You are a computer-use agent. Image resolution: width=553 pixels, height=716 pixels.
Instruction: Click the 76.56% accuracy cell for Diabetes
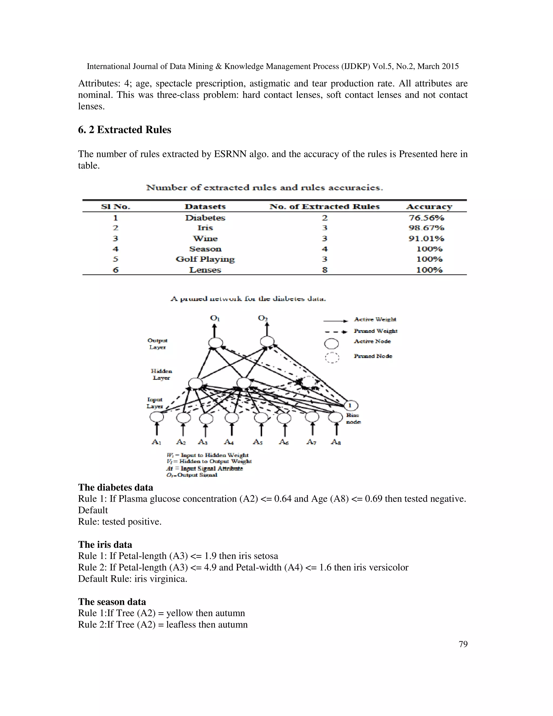pos(426,218)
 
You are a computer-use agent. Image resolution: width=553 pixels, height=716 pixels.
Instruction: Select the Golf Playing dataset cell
pos(205,259)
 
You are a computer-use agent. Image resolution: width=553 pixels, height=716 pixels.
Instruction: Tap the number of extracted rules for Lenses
pos(324,270)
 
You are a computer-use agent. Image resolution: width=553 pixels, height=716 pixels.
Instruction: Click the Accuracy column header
pos(429,206)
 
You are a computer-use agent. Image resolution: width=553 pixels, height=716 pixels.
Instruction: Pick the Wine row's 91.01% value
pos(426,238)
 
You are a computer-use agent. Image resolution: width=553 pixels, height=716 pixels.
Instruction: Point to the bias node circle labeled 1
pos(350,406)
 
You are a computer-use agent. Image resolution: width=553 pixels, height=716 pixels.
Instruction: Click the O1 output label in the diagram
pos(215,318)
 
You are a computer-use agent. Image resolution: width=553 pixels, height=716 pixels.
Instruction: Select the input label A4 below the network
pos(229,442)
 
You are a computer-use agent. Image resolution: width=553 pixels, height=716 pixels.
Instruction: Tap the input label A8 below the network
pos(336,442)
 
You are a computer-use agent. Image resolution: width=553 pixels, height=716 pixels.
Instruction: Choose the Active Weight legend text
pos(375,319)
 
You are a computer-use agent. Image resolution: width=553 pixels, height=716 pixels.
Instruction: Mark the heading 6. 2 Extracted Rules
pos(124,130)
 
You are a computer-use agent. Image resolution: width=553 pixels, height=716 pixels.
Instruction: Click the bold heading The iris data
pos(105,544)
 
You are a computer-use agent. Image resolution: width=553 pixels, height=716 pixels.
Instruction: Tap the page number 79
pos(463,644)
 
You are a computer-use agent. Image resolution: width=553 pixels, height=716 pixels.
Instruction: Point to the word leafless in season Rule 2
pos(181,624)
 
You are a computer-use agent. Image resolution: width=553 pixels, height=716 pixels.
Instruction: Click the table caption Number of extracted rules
pos(264,188)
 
